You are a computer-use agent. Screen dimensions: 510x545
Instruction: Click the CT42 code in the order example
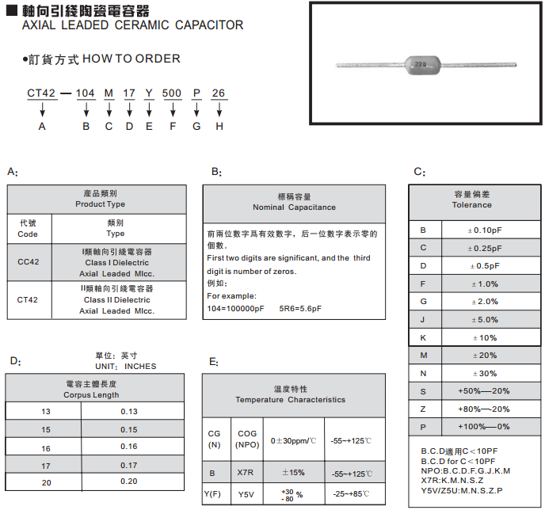pos(41,93)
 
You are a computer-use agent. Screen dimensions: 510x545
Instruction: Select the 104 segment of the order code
pos(86,93)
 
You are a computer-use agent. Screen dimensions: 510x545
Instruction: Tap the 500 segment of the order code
pos(172,93)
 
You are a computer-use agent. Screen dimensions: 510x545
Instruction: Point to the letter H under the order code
pos(219,127)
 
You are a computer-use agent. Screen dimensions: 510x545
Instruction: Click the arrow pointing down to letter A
pos(42,112)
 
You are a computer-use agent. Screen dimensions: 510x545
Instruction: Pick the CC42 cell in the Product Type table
pos(28,261)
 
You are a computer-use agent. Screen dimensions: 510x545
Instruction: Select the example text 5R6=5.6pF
pos(300,308)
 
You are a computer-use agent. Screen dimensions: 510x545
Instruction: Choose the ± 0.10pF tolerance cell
pos(484,230)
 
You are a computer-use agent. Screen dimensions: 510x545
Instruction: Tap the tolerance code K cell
pos(424,337)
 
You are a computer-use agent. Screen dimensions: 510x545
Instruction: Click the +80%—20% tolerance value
pos(484,409)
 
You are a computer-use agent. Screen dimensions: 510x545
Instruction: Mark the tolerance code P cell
pos(424,427)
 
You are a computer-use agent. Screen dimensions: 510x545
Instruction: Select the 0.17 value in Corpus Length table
pos(128,465)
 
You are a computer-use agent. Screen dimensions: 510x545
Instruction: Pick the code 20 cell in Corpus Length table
pos(46,482)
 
